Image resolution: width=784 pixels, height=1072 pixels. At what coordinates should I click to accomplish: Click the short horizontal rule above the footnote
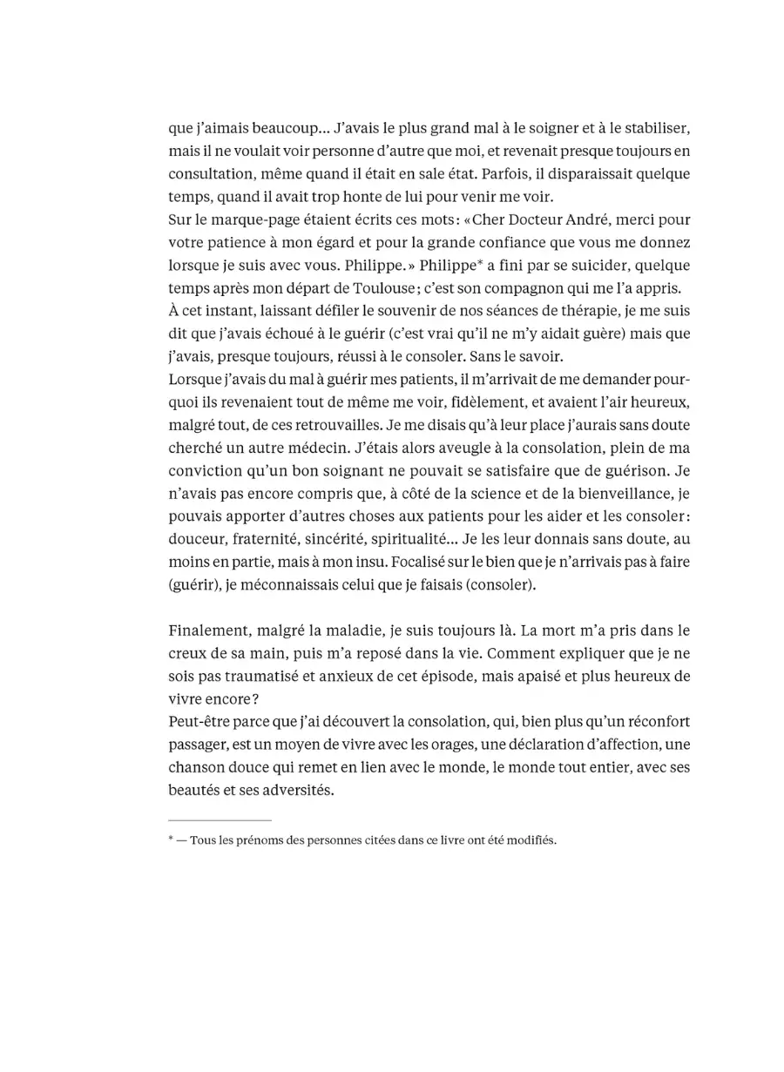pos(220,819)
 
